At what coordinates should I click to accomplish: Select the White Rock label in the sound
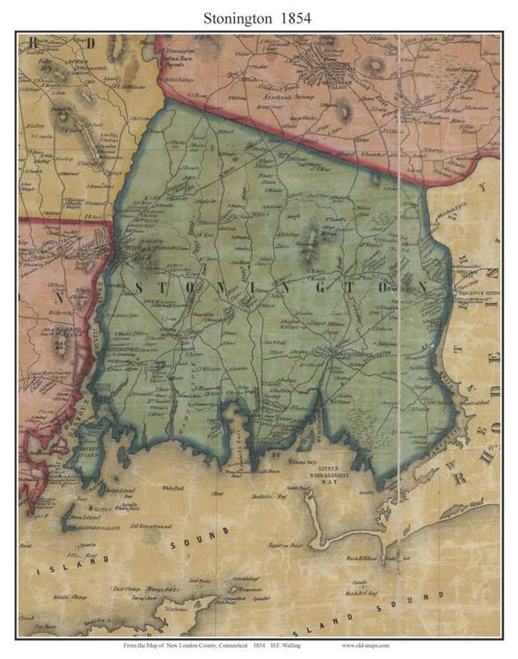click(x=173, y=488)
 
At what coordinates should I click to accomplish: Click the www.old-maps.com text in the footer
click(x=365, y=645)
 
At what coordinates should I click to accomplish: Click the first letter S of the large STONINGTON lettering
click(x=140, y=288)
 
